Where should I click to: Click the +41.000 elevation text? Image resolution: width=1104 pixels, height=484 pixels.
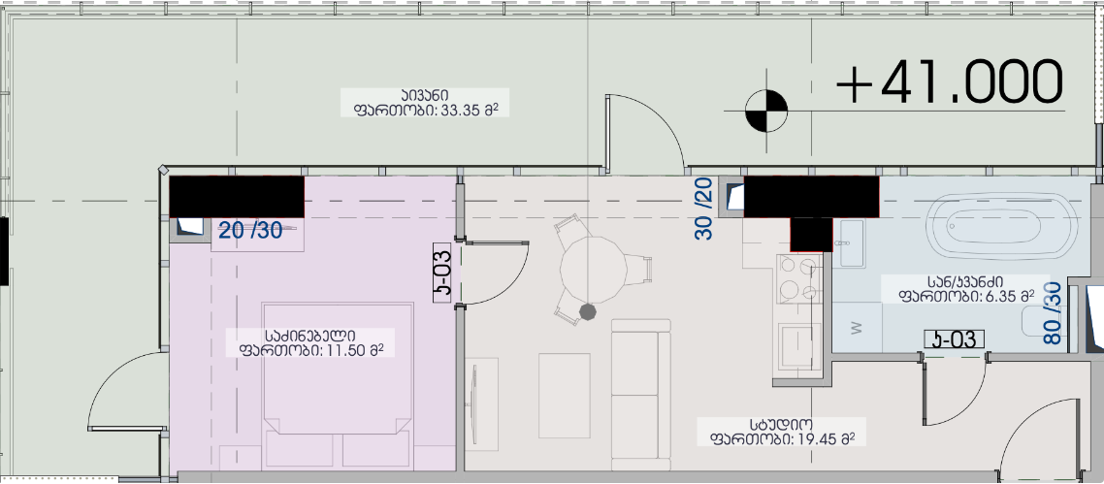point(949,82)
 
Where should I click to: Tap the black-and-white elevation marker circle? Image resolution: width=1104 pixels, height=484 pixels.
point(766,112)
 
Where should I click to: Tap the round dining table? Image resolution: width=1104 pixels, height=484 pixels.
point(594,271)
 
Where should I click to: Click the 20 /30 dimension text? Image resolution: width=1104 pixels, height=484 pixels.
point(250,230)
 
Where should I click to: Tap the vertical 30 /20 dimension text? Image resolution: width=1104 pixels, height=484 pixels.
point(704,209)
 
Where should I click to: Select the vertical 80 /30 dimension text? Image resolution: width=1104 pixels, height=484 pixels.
point(1052,313)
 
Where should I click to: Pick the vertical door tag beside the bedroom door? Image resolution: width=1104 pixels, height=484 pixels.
point(442,273)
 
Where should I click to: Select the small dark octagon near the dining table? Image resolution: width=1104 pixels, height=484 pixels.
point(587,311)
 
